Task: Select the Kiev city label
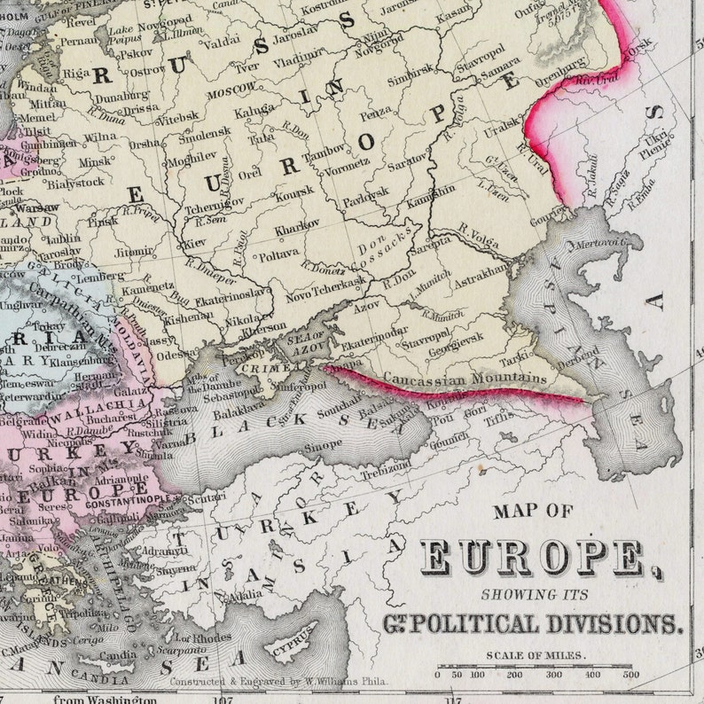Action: click(194, 242)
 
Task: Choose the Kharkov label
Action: click(297, 227)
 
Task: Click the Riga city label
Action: click(78, 71)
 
